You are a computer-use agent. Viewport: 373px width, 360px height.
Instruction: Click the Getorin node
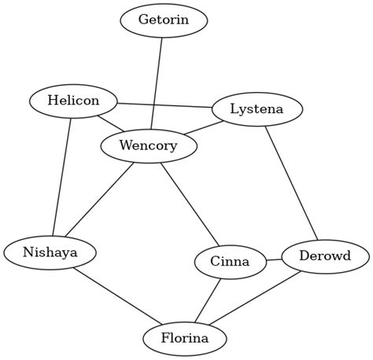click(x=164, y=20)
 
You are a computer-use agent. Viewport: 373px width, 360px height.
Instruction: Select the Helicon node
click(x=73, y=101)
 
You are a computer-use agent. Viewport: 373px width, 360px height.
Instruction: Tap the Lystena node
click(x=257, y=109)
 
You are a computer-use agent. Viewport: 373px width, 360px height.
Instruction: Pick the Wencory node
click(x=149, y=145)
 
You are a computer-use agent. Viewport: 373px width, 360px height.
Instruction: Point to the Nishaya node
click(x=50, y=252)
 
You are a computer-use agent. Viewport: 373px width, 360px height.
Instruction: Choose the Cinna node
click(x=230, y=262)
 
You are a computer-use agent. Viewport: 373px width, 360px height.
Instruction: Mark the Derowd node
click(x=324, y=256)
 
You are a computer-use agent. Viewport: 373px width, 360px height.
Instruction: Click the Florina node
click(x=185, y=339)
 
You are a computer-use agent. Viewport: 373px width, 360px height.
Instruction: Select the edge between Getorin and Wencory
click(x=157, y=83)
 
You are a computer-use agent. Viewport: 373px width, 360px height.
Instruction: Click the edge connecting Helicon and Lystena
click(x=164, y=105)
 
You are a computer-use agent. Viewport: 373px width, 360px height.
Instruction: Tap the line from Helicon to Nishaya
click(x=62, y=177)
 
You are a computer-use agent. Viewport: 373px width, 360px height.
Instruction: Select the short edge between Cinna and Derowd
click(x=273, y=259)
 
